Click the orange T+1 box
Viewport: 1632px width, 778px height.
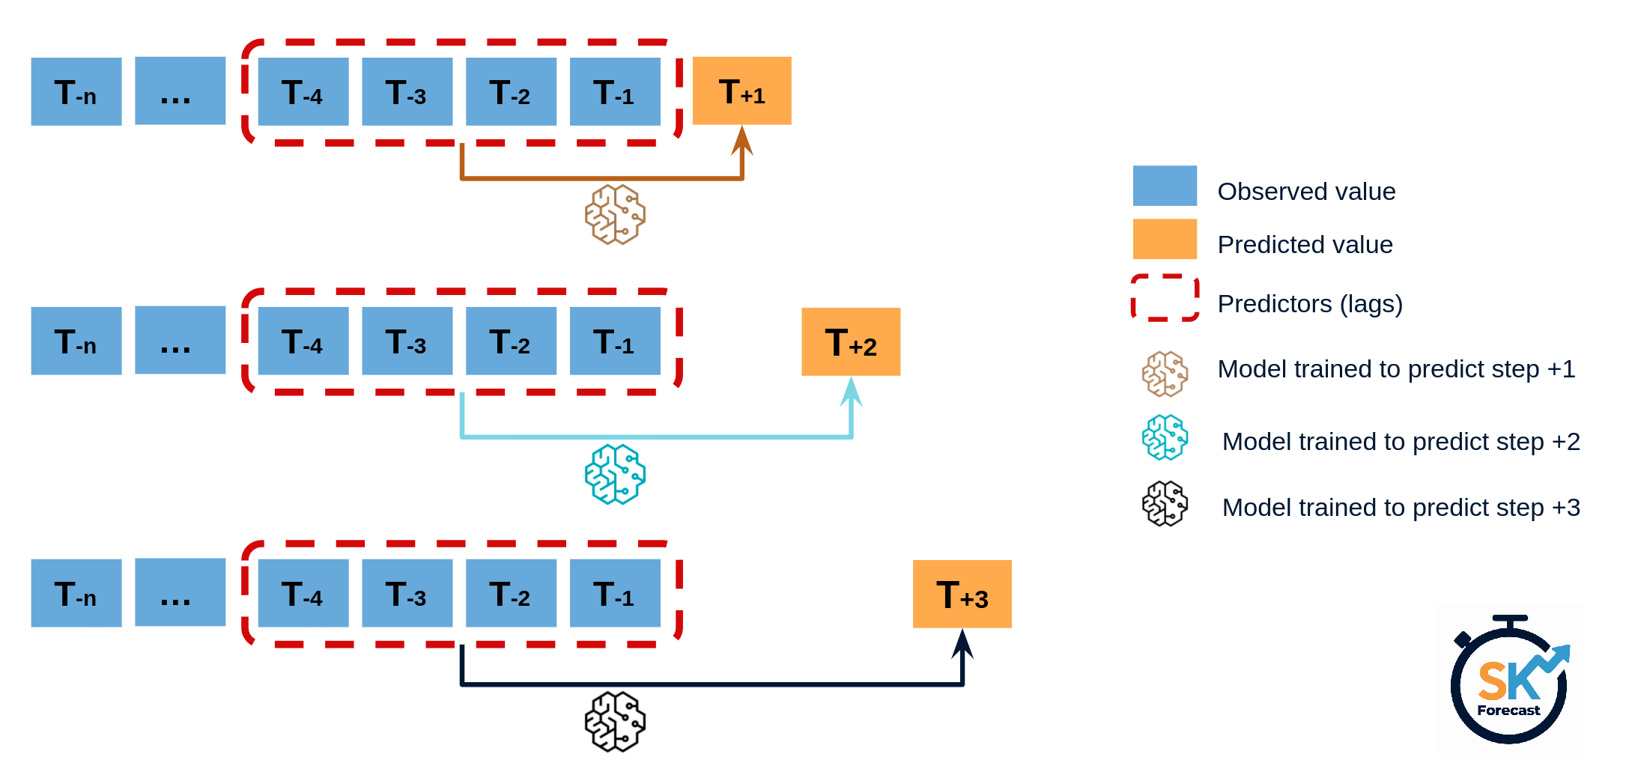tap(741, 91)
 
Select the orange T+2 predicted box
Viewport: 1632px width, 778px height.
tap(851, 341)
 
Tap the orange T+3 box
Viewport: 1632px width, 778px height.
tap(962, 594)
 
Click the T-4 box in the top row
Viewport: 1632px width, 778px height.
tap(303, 91)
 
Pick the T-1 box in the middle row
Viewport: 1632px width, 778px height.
tap(615, 341)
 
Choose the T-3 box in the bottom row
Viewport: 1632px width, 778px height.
tap(407, 593)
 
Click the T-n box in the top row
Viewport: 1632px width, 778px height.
tap(76, 91)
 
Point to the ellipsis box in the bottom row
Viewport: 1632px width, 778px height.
tap(180, 592)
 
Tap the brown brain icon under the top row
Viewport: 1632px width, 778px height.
tap(615, 215)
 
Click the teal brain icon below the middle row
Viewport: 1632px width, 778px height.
tap(615, 474)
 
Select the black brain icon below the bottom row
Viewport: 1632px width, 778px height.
tap(615, 722)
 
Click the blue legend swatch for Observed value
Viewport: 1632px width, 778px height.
tap(1165, 186)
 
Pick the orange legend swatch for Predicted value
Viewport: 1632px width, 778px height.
tap(1165, 239)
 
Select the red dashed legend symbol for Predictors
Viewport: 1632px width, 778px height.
tap(1165, 298)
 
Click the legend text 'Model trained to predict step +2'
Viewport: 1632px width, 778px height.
tap(1401, 442)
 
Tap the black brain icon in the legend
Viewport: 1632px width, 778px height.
tap(1165, 503)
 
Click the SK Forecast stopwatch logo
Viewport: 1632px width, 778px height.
tap(1509, 681)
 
